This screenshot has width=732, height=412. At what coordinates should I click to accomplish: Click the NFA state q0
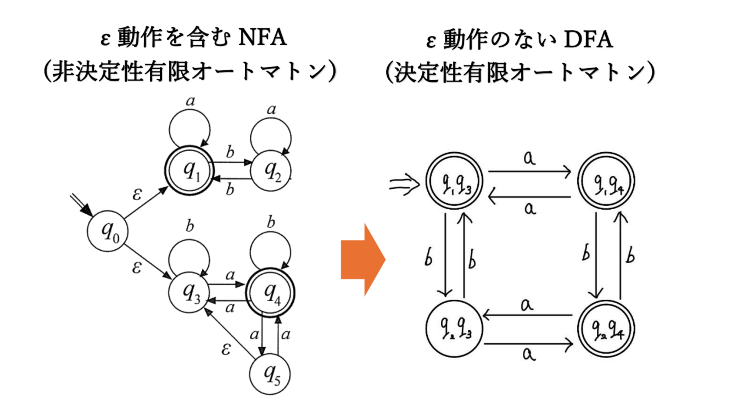pyautogui.click(x=108, y=234)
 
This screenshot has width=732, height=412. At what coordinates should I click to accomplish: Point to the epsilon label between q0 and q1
pyautogui.click(x=137, y=194)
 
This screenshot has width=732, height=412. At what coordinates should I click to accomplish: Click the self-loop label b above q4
pyautogui.click(x=270, y=223)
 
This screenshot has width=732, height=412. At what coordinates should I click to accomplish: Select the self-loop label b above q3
pyautogui.click(x=189, y=225)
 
